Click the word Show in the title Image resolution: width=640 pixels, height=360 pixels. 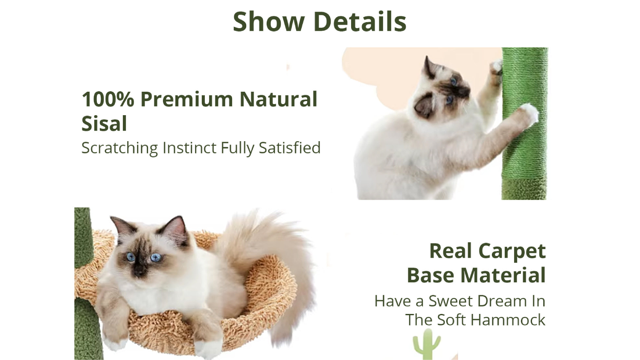pos(269,22)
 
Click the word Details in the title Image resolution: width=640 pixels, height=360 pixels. pos(360,22)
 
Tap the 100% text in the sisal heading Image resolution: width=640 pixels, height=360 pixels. pos(108,99)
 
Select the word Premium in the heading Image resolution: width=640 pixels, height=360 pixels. pos(187,99)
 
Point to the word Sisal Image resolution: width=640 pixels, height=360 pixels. pos(104,123)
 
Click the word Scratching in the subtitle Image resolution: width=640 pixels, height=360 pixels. pos(120,148)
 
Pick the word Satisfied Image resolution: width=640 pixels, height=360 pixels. pos(290,148)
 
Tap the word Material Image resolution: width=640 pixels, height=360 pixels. pos(503,275)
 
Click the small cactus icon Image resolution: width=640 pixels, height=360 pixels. pos(427,344)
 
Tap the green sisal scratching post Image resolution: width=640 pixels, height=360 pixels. pos(525,123)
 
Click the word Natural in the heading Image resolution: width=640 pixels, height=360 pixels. pos(279,99)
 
